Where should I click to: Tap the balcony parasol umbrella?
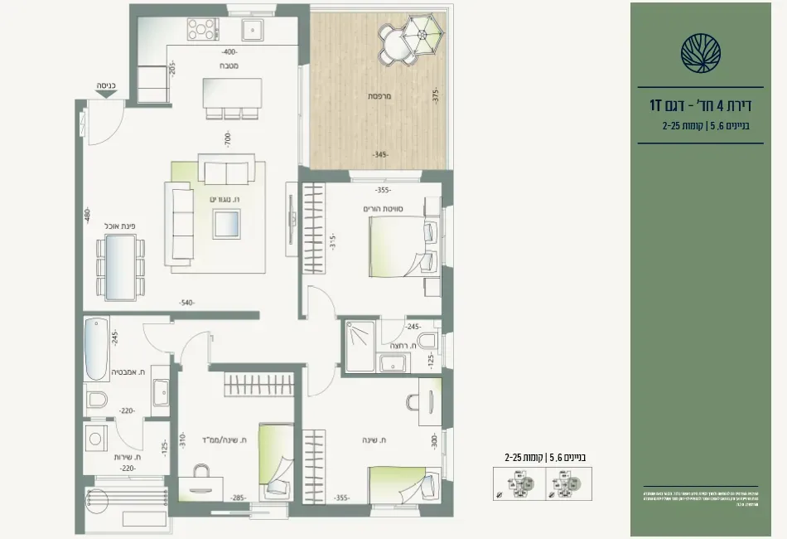[x=422, y=35]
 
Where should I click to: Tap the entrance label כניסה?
[x=105, y=85]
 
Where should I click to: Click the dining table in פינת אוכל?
[x=121, y=266]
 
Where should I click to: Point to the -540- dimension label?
[x=186, y=303]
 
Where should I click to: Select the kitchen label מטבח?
[x=230, y=66]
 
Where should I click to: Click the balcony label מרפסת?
[x=380, y=96]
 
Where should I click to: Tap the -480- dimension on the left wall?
[x=86, y=218]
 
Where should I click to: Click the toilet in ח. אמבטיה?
[x=98, y=401]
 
